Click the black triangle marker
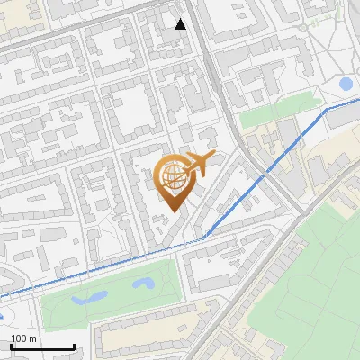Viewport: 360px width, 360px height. (x=181, y=24)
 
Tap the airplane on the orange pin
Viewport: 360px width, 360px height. (x=198, y=165)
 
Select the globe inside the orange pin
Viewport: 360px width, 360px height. (x=175, y=179)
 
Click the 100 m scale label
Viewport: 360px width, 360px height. (x=23, y=338)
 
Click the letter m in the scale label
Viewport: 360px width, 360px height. (x=32, y=338)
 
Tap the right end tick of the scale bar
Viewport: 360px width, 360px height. (x=74, y=345)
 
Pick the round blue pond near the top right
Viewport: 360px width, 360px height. (x=346, y=84)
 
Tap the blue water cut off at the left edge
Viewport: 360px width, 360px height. (x=2, y=316)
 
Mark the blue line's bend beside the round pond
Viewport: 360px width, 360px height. (x=326, y=109)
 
